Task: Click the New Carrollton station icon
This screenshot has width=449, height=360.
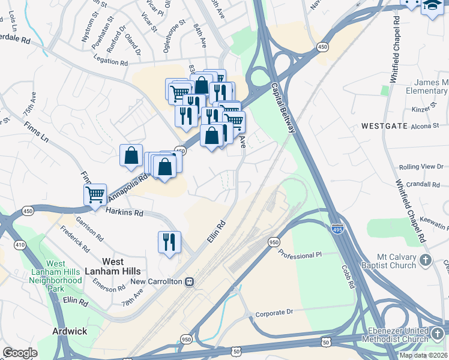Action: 190,281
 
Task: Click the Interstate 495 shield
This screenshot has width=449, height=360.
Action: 337,229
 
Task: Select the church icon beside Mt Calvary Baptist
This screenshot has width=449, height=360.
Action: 426,260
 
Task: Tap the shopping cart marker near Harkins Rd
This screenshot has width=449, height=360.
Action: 95,195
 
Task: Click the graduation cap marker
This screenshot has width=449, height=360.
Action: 432,6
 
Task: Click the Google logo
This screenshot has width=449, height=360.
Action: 20,353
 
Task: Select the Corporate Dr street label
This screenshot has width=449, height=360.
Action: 273,313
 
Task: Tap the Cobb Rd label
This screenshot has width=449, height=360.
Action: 348,276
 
